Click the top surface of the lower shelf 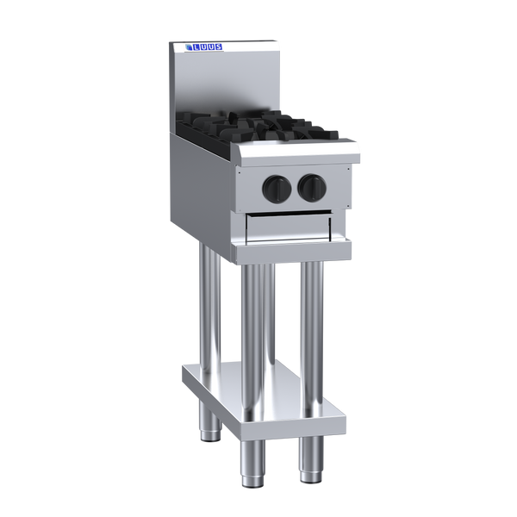tap(258, 379)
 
